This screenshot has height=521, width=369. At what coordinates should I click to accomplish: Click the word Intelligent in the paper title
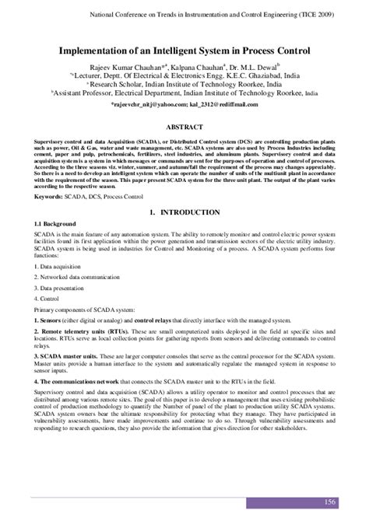pos(177,48)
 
